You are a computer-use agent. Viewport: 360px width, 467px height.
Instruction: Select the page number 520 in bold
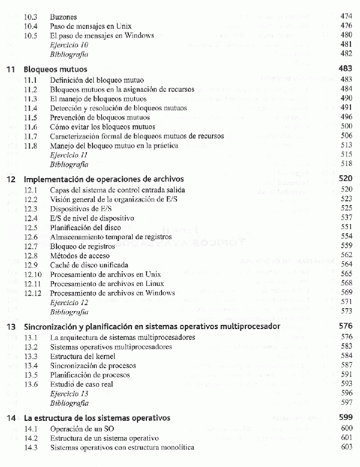tap(346, 179)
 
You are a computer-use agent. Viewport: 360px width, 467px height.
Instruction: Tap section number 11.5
tap(31, 117)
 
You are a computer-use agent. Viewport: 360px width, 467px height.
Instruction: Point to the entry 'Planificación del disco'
tap(86, 228)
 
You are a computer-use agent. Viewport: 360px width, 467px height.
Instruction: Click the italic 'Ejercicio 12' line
tap(70, 303)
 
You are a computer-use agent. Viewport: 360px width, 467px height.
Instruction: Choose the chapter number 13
tap(11, 327)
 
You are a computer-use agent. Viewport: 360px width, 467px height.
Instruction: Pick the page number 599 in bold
tap(346, 417)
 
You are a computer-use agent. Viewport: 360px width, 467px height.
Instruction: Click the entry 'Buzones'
tap(64, 17)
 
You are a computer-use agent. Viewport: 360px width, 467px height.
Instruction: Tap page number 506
tap(346, 135)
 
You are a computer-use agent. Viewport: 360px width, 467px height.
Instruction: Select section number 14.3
tap(31, 447)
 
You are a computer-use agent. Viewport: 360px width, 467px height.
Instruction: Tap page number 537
tap(346, 218)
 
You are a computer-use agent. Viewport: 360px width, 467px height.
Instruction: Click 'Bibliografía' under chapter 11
tap(69, 164)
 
